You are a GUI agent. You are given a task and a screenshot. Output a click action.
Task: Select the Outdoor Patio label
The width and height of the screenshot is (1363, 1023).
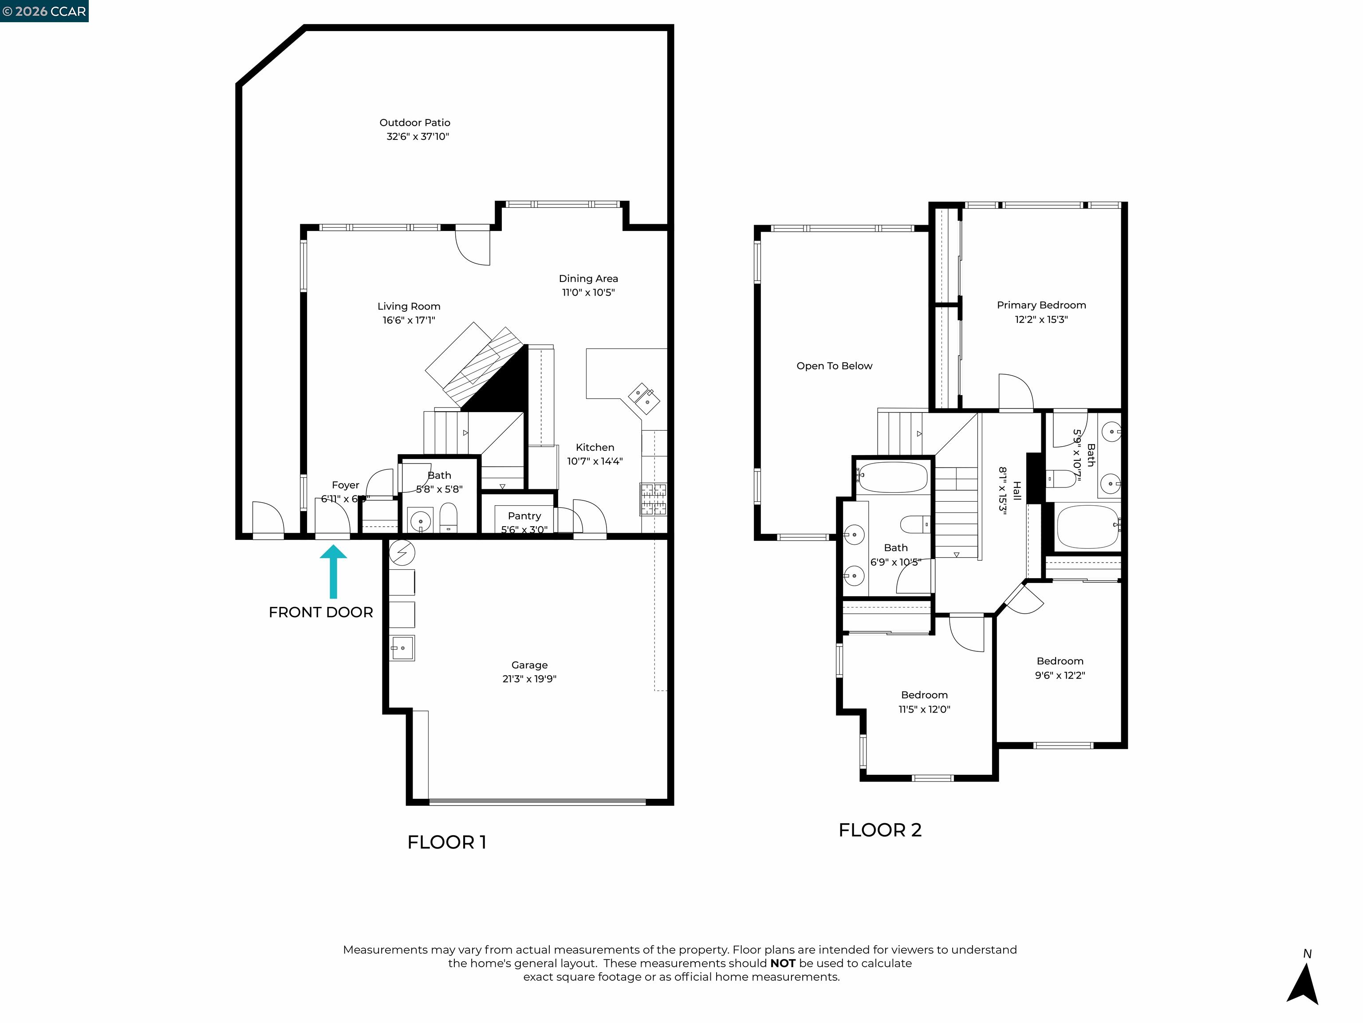[415, 123]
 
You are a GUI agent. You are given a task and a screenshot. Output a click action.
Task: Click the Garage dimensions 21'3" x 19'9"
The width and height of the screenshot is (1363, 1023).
[529, 679]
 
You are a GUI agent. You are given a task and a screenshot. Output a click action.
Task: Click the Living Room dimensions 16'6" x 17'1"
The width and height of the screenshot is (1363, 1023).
[409, 320]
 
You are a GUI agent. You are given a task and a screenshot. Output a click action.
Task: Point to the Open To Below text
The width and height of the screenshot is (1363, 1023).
[834, 366]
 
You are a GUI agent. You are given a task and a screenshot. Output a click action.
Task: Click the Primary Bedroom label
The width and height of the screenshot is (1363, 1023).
[1041, 305]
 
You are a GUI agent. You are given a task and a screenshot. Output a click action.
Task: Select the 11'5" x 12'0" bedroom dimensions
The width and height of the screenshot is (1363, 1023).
[924, 709]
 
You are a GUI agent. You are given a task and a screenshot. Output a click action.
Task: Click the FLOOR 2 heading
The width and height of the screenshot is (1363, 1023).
[879, 830]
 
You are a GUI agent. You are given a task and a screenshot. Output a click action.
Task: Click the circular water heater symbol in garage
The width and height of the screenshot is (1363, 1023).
[402, 552]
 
